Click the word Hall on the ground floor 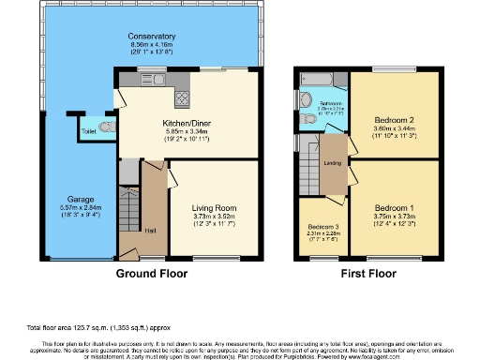click(151, 229)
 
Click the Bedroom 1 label click(393, 207)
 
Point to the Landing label click(332, 163)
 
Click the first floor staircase click(309, 173)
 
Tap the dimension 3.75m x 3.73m click(393, 216)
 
